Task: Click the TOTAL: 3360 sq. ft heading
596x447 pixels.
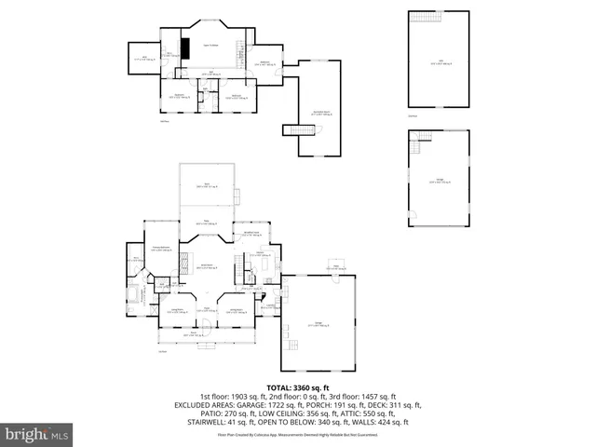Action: [298, 386]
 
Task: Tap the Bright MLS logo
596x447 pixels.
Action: [37, 433]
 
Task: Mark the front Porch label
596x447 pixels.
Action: [196, 332]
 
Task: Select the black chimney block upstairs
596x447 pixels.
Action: [185, 49]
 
